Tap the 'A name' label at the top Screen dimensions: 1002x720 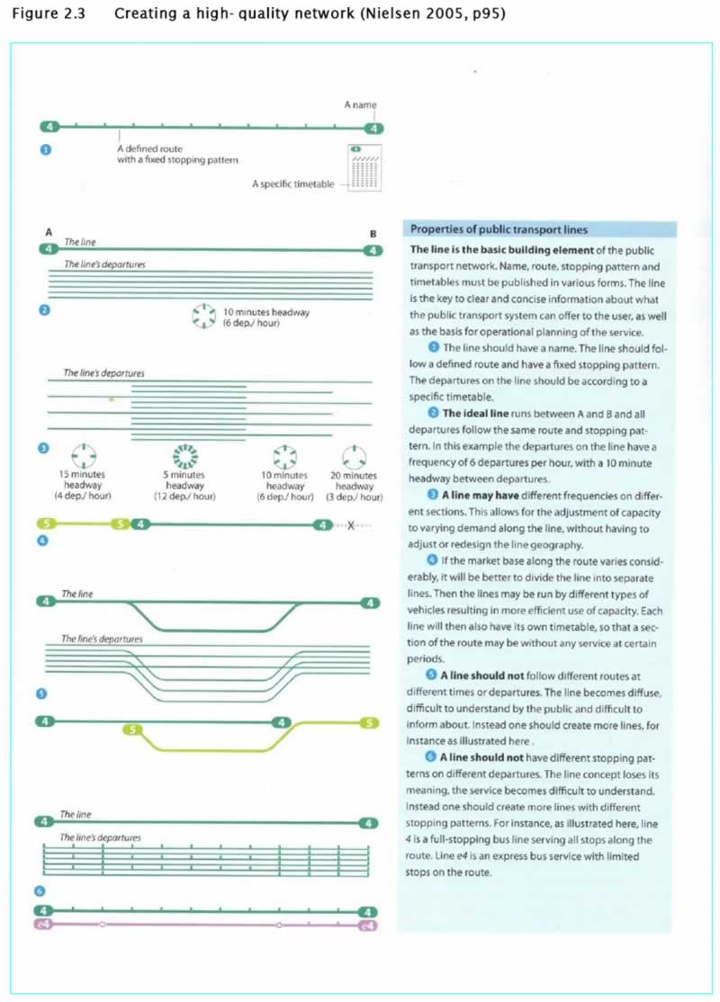point(360,105)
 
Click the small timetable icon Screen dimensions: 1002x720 point(364,166)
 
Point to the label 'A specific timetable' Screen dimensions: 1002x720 point(293,183)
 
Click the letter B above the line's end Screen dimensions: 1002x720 point(373,234)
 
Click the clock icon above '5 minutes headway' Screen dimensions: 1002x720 point(184,453)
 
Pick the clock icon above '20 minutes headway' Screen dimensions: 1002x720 point(354,453)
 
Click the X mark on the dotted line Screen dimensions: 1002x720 point(351,525)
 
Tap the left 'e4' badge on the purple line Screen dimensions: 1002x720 point(41,924)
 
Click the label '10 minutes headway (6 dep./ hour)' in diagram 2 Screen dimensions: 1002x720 point(265,318)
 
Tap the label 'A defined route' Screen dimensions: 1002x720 point(148,148)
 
